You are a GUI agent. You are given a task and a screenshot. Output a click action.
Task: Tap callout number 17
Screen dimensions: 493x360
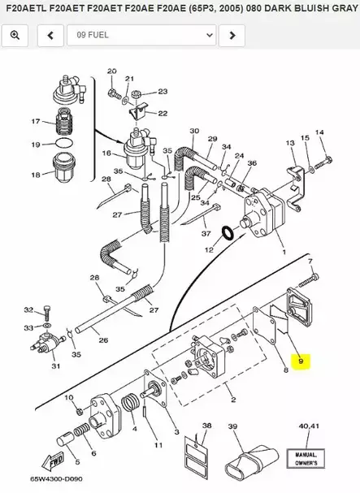pyautogui.click(x=35, y=122)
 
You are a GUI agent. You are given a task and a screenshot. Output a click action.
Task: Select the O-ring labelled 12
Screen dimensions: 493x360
pyautogui.click(x=230, y=234)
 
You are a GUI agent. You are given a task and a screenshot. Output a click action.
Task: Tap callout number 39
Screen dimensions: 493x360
pyautogui.click(x=232, y=426)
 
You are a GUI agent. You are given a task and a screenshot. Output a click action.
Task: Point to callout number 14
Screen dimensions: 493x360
pyautogui.click(x=319, y=132)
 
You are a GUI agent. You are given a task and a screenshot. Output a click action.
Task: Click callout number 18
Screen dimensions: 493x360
pyautogui.click(x=35, y=175)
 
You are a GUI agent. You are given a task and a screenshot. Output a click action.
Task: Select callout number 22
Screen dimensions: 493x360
pyautogui.click(x=163, y=113)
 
